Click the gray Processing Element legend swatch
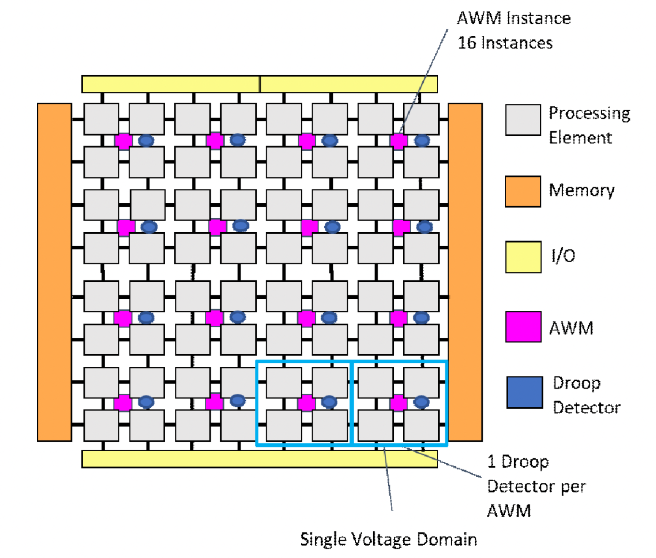coord(523,120)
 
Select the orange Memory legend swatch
coord(523,191)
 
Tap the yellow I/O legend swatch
coord(523,257)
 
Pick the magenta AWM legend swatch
coord(523,327)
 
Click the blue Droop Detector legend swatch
coord(524,392)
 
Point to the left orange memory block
coord(54,272)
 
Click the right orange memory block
coord(465,272)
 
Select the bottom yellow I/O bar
coord(259,459)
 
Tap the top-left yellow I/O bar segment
coord(170,84)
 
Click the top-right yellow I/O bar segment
coord(349,84)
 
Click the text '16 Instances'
coord(505,43)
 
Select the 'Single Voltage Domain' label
coord(388,539)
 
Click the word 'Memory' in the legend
coord(581,190)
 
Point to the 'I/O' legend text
coord(563,256)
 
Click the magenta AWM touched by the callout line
coord(398,141)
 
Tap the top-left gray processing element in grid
coord(101,119)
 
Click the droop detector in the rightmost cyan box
coord(421,402)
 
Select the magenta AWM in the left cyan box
coord(306,403)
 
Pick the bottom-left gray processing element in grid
coord(101,425)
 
